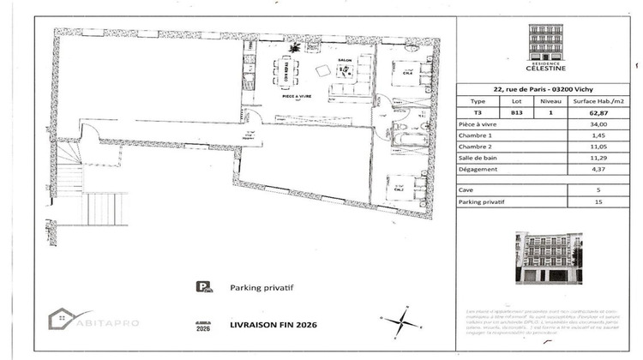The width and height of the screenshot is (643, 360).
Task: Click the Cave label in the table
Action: [x=468, y=189]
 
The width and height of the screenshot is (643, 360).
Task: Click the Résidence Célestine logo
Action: [x=546, y=47]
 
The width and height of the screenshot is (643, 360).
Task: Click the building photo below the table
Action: [x=546, y=257]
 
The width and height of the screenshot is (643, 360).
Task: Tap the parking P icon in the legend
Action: [x=202, y=289]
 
